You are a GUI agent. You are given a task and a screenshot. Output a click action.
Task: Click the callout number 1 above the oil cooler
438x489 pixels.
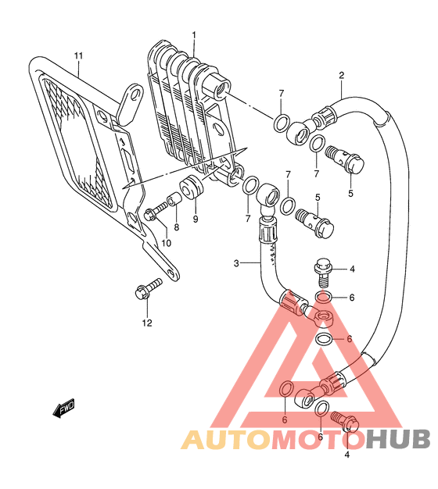[x=193, y=34]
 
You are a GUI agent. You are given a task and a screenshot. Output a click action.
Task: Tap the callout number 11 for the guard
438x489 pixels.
[x=78, y=56]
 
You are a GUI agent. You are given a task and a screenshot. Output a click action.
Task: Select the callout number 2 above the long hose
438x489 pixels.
[x=341, y=76]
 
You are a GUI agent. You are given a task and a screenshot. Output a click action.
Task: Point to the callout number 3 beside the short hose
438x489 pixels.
[x=236, y=263]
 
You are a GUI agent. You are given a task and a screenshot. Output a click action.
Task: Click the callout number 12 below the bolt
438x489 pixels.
[x=147, y=323]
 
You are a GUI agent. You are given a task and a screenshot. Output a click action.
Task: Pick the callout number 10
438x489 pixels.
[x=167, y=243]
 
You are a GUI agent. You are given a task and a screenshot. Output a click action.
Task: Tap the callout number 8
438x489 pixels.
[x=177, y=227]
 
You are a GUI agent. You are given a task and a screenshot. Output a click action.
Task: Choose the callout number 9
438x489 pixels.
[x=196, y=220]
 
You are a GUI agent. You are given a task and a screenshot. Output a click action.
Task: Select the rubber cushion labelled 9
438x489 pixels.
[x=192, y=187]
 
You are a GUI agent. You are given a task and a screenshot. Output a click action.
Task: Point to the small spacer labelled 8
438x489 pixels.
[x=175, y=199]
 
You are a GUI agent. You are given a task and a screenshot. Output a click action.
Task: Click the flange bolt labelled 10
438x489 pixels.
[x=156, y=211]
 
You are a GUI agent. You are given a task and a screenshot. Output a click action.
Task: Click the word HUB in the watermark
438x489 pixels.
[x=398, y=439]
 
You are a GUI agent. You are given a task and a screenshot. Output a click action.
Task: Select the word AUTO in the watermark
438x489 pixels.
[x=225, y=440]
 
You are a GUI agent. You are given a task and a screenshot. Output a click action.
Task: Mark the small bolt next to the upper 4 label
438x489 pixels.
[x=323, y=271]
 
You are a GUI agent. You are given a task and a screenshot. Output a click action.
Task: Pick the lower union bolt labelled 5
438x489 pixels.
[x=314, y=223]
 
